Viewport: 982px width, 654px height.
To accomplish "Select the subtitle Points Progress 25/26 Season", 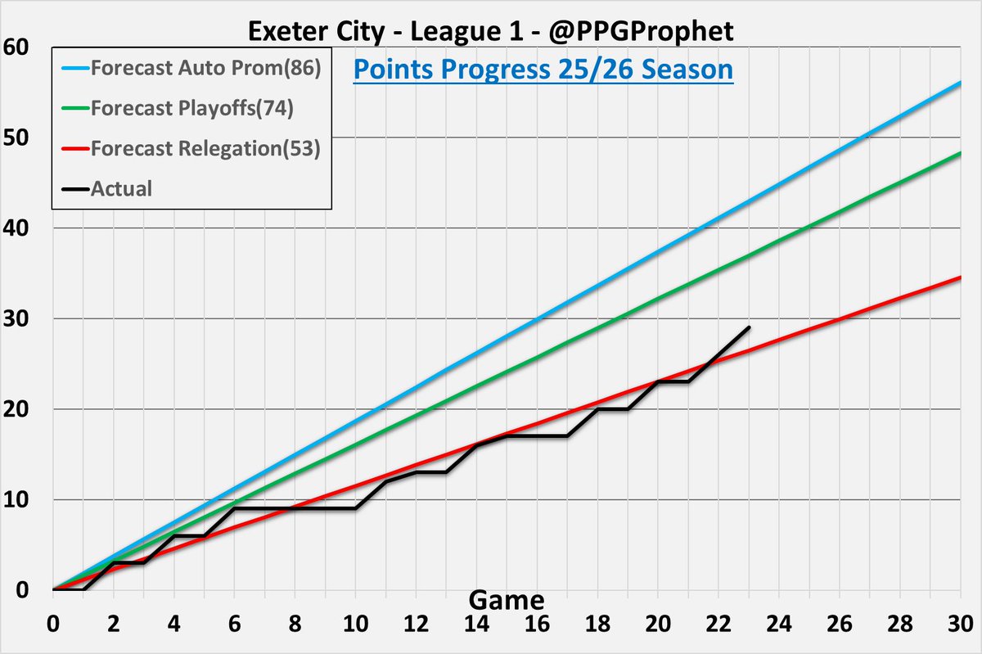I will (x=543, y=70).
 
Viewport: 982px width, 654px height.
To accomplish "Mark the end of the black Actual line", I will (x=749, y=327).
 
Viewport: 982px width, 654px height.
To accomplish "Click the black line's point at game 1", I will (x=83, y=589).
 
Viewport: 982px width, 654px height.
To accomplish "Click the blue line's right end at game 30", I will (x=961, y=82).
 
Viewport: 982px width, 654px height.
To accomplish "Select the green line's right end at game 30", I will (x=961, y=153).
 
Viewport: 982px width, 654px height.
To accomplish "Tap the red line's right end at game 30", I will (x=961, y=277).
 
